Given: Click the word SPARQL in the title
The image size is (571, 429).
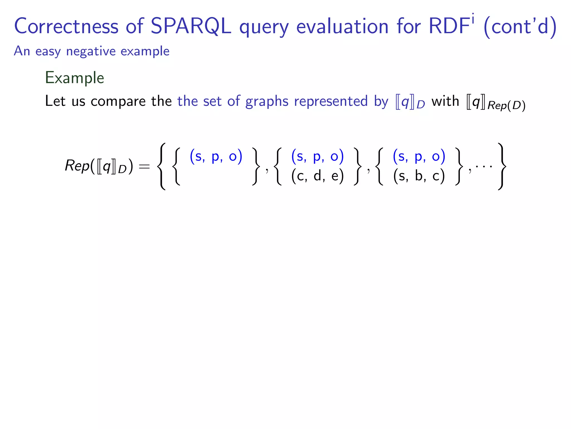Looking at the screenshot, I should click(191, 27).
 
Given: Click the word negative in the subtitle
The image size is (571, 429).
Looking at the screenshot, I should click(91, 51).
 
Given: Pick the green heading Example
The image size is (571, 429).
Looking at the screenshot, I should click(74, 78).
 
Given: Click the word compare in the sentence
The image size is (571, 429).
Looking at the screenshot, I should click(118, 101).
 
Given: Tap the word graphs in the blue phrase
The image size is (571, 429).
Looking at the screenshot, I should click(267, 101).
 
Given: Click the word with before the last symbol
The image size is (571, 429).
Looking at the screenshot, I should click(445, 101).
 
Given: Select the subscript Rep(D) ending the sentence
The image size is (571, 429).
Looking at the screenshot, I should click(506, 106).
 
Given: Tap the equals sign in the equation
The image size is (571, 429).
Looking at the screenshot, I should click(144, 167).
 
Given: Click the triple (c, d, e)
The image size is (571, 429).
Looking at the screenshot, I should click(317, 176).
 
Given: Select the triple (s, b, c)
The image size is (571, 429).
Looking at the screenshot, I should click(419, 176).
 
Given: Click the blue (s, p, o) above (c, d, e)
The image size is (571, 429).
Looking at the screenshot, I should click(317, 156).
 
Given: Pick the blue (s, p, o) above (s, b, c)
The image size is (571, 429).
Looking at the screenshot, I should click(419, 156).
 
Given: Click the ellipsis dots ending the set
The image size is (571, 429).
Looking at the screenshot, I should click(484, 166).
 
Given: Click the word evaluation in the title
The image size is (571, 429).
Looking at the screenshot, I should click(342, 27).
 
